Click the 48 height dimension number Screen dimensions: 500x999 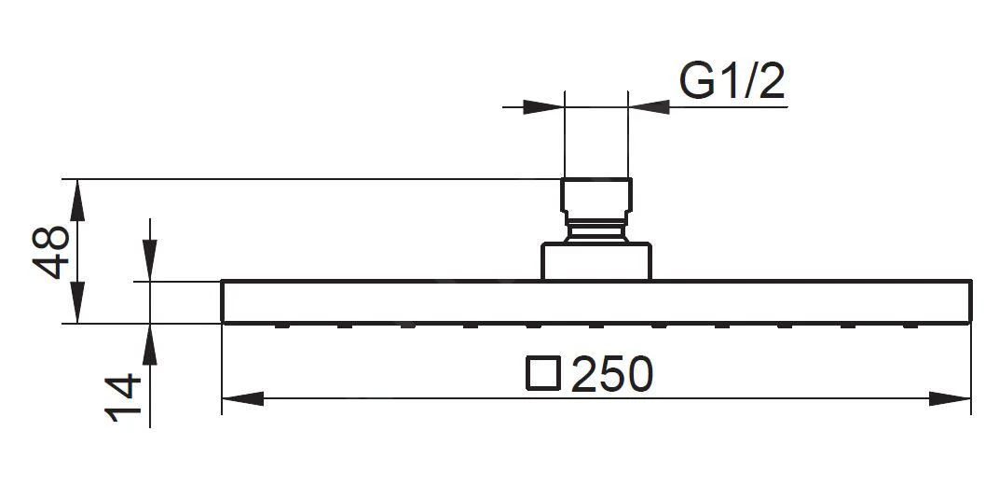[54, 251]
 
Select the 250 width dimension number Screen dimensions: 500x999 [611, 375]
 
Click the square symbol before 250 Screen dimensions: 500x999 [543, 373]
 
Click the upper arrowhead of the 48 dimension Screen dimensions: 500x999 [77, 199]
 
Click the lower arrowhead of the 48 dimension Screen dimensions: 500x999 [77, 304]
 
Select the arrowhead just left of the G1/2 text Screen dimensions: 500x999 [649, 107]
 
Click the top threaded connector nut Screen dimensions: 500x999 [596, 197]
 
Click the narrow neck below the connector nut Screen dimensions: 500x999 [596, 230]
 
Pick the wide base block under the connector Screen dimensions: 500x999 [596, 261]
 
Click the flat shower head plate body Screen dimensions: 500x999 [596, 301]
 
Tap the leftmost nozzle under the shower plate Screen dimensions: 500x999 [280, 326]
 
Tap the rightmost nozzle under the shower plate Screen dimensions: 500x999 [910, 326]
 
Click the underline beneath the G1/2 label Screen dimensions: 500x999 [727, 107]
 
